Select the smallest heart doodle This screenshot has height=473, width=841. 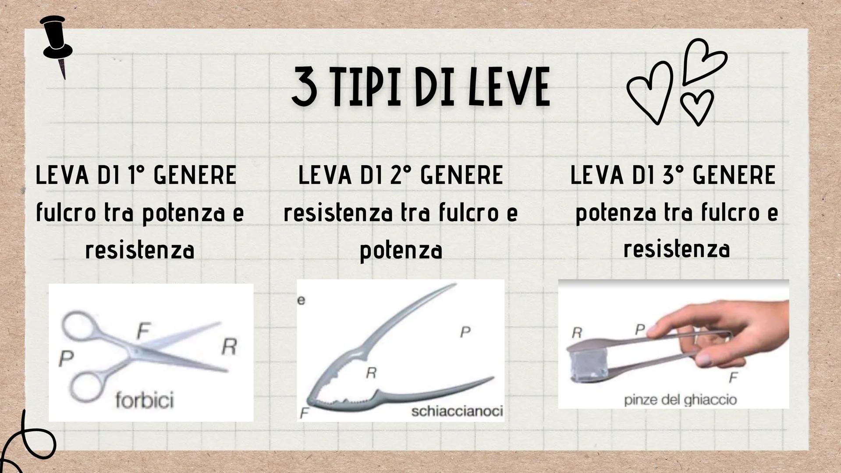click(x=696, y=106)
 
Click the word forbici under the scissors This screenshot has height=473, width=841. click(x=145, y=400)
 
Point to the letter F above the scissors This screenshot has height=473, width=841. click(x=143, y=331)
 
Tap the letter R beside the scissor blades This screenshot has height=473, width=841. click(x=229, y=346)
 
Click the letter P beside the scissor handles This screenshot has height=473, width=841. click(x=66, y=359)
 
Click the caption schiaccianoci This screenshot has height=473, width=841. click(x=457, y=411)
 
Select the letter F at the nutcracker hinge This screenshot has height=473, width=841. click(x=305, y=413)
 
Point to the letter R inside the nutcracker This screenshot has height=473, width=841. click(x=371, y=373)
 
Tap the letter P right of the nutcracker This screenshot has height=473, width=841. click(x=465, y=332)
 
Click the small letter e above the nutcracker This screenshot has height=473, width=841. click(x=301, y=300)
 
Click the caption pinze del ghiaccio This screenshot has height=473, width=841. click(x=680, y=400)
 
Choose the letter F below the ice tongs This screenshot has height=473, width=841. click(x=733, y=377)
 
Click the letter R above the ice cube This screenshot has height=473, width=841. click(x=577, y=333)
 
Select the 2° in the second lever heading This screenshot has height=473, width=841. click(x=398, y=175)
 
